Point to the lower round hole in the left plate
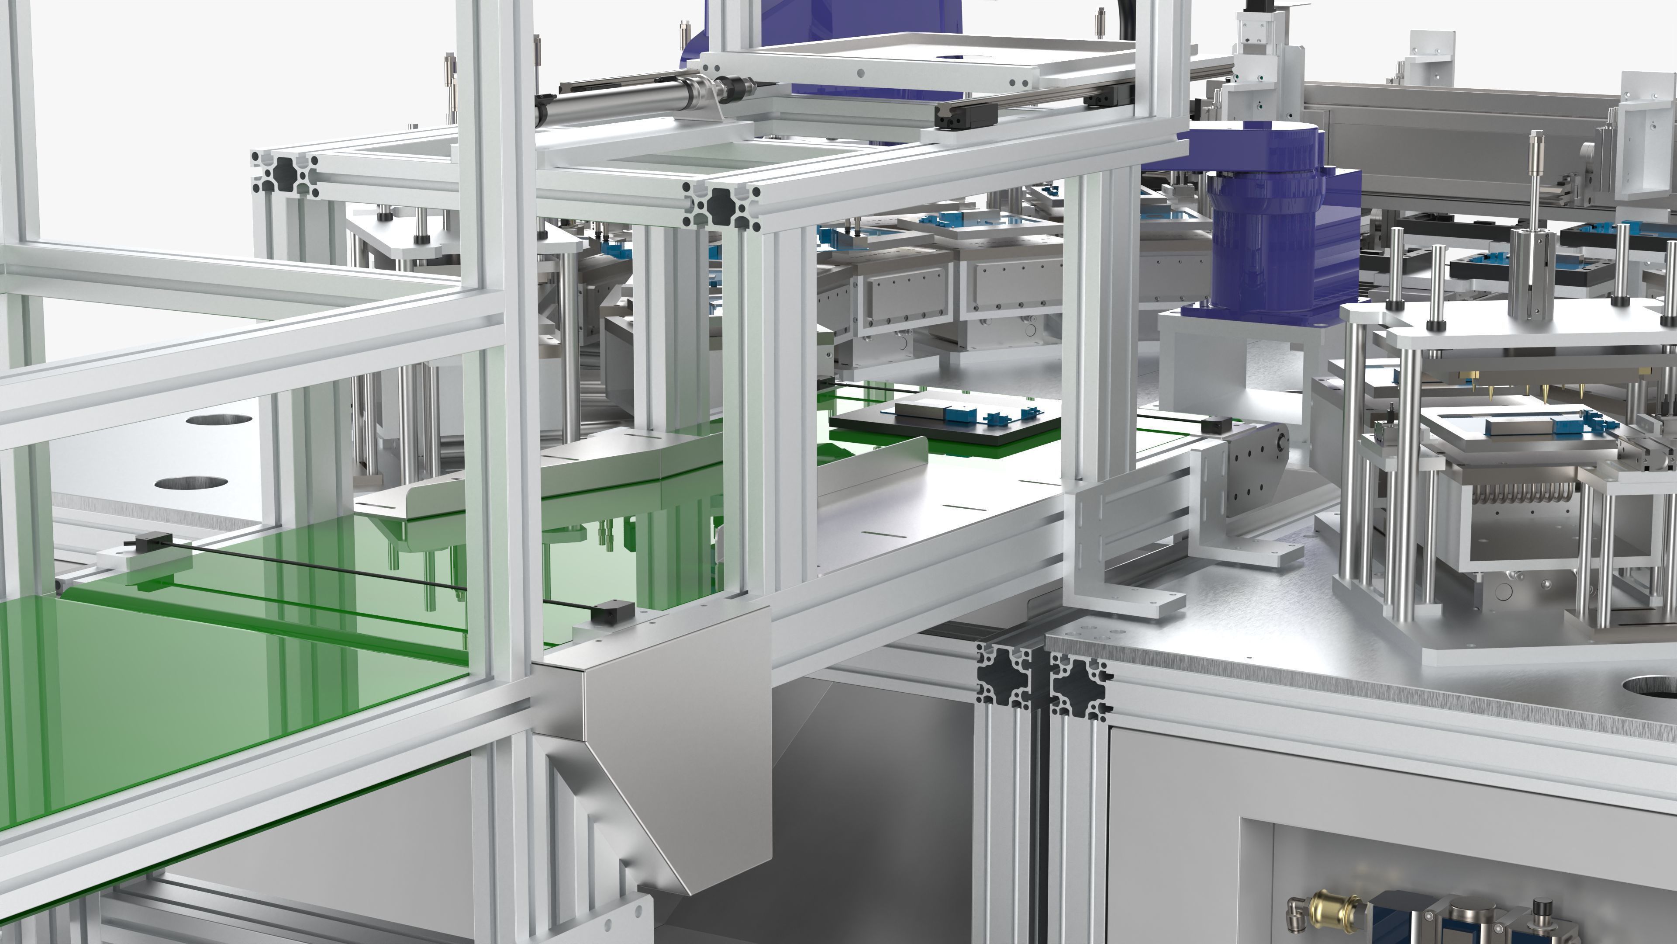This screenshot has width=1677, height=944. pos(191,483)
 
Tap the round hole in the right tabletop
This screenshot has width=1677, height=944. pos(1650,686)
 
